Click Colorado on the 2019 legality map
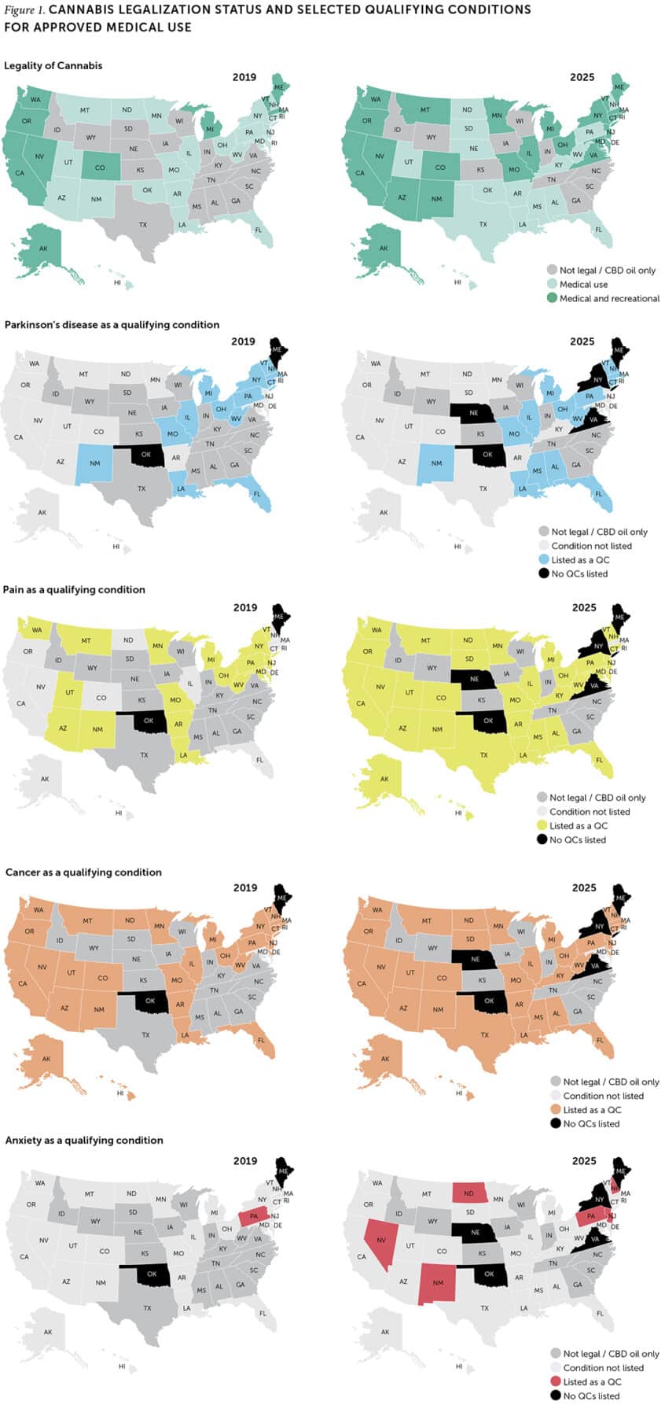[x=100, y=168]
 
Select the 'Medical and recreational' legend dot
[x=552, y=298]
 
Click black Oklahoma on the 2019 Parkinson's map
[x=145, y=455]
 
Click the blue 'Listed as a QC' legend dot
[x=543, y=559]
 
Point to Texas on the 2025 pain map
[x=484, y=755]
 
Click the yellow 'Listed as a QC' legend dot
[x=542, y=825]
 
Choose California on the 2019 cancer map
[x=24, y=983]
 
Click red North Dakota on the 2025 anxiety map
[x=469, y=1193]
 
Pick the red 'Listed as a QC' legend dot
[x=555, y=1381]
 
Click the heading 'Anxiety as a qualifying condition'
[x=84, y=1140]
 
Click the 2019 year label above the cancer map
[x=244, y=887]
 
